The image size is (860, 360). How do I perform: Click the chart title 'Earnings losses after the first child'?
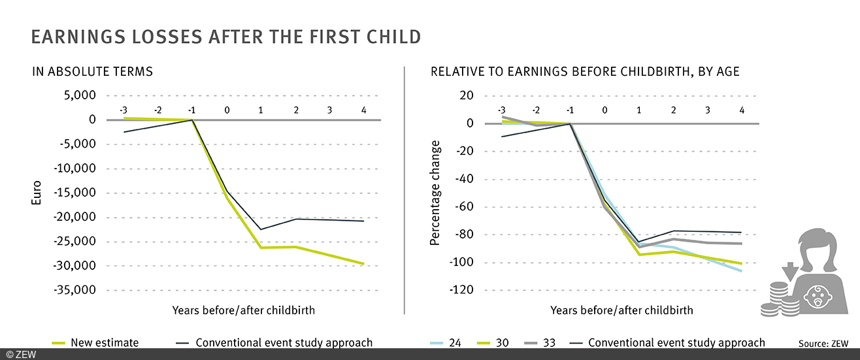click(226, 37)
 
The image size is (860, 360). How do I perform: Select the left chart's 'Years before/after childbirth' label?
click(243, 310)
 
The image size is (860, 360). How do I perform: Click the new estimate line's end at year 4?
click(363, 264)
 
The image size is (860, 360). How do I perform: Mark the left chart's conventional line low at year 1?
click(261, 229)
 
